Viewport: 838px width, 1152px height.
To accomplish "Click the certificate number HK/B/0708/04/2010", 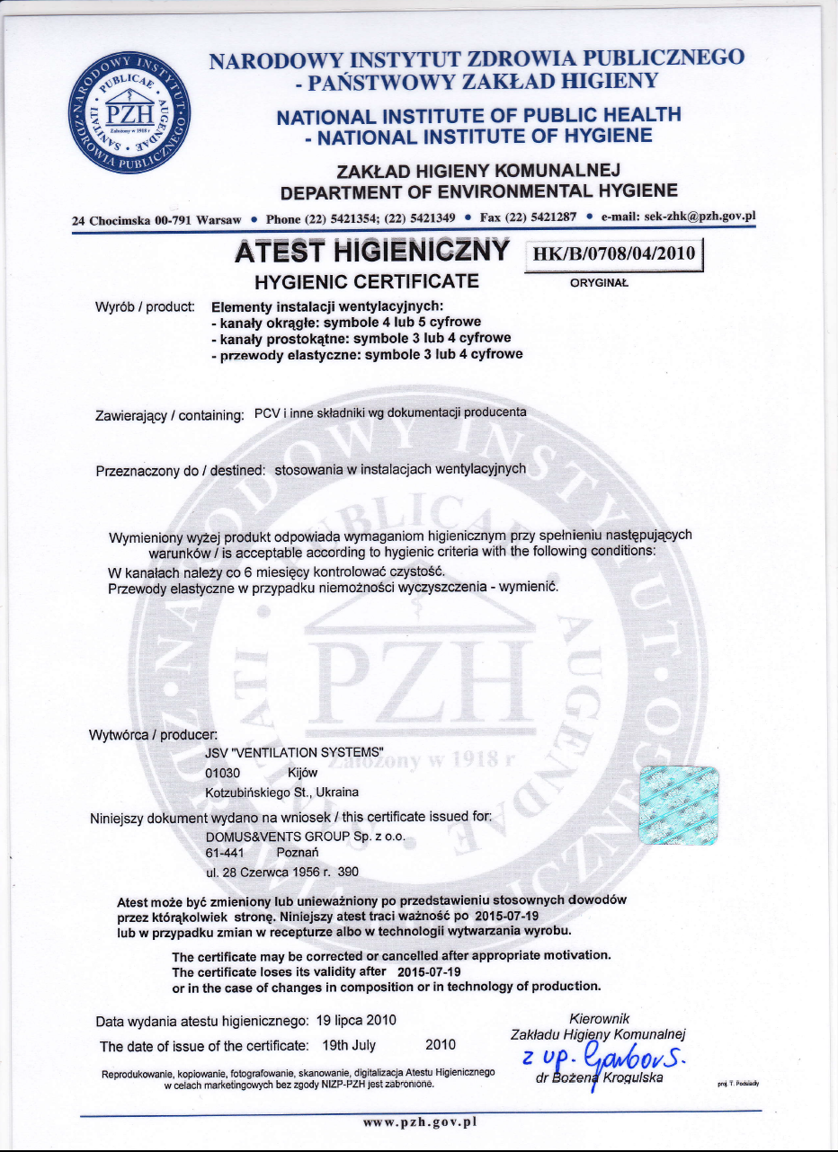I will coord(615,253).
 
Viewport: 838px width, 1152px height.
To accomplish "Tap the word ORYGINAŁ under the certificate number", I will coord(599,283).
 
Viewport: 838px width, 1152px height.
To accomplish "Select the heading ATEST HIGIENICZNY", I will coord(372,252).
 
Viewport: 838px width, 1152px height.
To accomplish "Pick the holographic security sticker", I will coord(679,805).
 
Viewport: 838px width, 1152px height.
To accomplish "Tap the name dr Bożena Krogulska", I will coord(600,1079).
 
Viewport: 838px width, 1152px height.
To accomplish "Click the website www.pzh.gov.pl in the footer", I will coord(418,1121).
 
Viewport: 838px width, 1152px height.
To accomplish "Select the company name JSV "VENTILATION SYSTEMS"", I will coord(295,752).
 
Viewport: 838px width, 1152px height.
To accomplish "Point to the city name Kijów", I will coord(302,772).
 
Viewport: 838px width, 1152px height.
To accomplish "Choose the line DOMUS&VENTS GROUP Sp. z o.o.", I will coord(306,836).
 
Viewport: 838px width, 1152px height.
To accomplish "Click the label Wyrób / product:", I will coord(145,307).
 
